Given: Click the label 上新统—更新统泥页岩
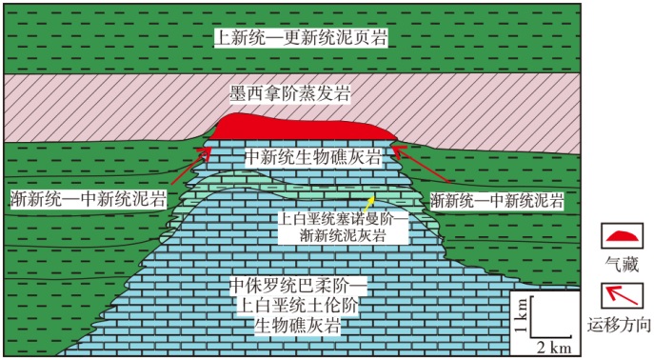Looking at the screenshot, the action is coord(300,38).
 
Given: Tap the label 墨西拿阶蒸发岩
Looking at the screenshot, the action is coord(290,94).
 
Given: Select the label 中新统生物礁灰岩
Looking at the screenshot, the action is coord(313,157).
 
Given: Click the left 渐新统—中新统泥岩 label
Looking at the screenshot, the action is coord(88,199).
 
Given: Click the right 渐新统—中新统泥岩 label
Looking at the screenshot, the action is coord(497,201).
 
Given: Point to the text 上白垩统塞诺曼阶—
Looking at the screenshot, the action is coord(343,219).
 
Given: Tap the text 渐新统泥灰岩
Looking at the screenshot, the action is coord(343,235).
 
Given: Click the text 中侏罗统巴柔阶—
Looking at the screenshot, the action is coord(298,286).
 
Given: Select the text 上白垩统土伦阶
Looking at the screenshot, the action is coord(297,306).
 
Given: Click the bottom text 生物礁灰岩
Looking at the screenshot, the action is coord(297,325).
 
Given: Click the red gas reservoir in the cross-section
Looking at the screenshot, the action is coord(302,127).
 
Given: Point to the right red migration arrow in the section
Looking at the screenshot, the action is coord(421,165).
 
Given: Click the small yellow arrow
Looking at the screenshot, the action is coord(367,204).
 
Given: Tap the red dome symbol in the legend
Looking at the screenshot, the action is coord(622,235).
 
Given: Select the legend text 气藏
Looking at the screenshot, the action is coord(622,265).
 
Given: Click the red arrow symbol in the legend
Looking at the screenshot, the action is coord(622,295).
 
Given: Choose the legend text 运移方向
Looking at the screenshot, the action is coord(620,325).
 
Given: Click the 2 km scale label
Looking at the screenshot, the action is coord(553,348).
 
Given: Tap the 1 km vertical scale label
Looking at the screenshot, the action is coord(521,315).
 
